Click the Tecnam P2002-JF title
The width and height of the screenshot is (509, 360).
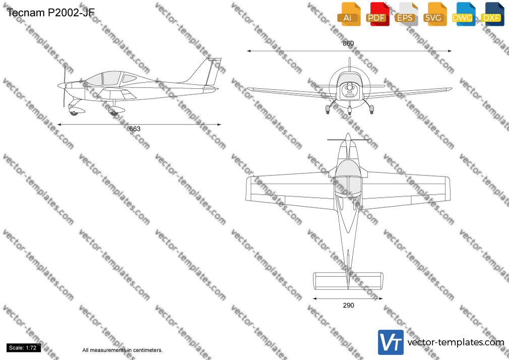[x=50, y=12]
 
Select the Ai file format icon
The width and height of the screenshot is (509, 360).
[x=349, y=14]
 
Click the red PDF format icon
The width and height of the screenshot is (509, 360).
[x=377, y=14]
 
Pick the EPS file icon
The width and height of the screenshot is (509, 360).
[x=406, y=14]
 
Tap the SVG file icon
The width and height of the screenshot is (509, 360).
[x=435, y=14]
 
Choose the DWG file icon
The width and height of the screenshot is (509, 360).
[x=464, y=14]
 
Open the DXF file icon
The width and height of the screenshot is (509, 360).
[x=492, y=14]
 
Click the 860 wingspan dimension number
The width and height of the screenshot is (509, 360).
[x=348, y=43]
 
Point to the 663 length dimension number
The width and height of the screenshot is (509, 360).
[x=135, y=129]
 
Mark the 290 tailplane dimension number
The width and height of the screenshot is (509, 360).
[x=348, y=305]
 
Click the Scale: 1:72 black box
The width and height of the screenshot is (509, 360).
[x=23, y=348]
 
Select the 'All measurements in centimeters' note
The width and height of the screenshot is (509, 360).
[x=122, y=350]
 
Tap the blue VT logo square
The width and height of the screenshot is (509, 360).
[x=391, y=342]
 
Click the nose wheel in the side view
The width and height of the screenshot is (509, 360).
[x=75, y=112]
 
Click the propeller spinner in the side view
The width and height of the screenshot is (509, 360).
[x=61, y=86]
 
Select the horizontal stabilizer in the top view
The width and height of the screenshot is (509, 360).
[x=348, y=281]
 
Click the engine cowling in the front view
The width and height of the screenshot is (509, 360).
[x=349, y=87]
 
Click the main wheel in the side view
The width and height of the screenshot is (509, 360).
[x=113, y=113]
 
